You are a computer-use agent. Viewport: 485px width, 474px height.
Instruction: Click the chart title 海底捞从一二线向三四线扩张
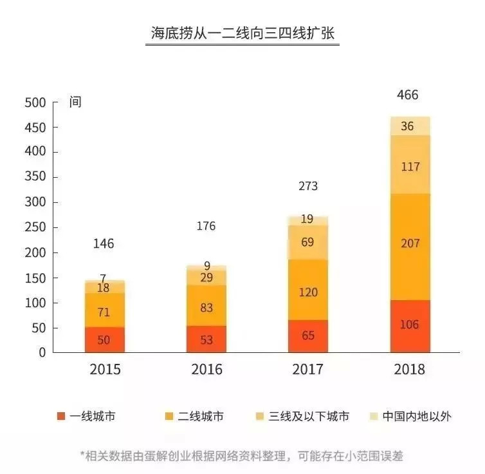point(242,33)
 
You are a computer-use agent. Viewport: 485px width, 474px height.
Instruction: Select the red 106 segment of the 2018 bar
point(410,325)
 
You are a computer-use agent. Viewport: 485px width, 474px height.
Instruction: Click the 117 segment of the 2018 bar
point(410,166)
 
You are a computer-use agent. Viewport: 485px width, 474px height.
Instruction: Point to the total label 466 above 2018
point(407,95)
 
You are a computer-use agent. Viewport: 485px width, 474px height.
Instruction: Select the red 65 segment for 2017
point(308,336)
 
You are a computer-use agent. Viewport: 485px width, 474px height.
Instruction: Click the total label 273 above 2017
point(308,187)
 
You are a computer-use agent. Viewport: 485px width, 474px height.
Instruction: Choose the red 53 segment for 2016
point(206,339)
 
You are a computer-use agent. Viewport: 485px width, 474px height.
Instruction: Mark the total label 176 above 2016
point(206,226)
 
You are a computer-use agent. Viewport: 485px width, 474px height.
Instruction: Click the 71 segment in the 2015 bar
point(104,312)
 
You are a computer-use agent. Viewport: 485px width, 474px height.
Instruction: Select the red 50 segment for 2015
point(104,339)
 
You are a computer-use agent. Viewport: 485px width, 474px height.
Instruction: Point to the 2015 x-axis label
point(104,370)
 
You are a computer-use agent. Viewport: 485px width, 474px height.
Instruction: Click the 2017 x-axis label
point(308,370)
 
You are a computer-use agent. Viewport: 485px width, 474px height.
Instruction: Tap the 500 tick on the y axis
point(35,102)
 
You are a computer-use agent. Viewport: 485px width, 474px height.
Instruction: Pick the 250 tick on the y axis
point(35,228)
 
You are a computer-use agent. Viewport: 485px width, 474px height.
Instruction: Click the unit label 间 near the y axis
point(76,102)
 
